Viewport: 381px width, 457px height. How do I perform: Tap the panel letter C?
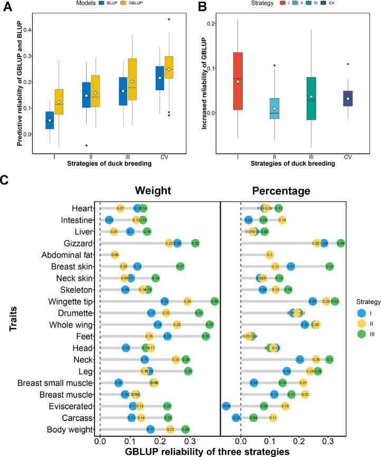[x=5, y=179]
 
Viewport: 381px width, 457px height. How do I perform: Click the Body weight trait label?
[x=69, y=415]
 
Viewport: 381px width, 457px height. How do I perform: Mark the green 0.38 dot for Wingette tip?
[x=215, y=301]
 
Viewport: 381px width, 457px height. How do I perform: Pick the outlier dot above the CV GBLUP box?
[x=169, y=19]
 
